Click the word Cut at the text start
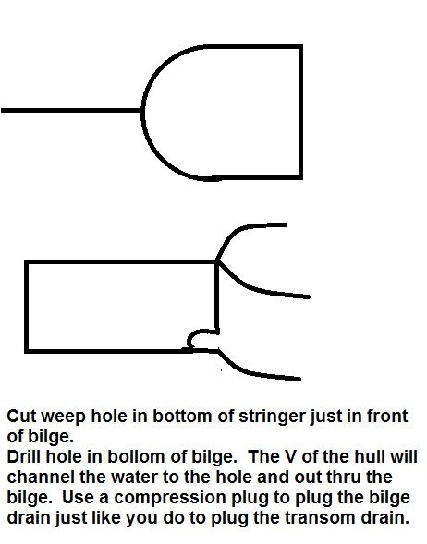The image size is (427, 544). (x=21, y=417)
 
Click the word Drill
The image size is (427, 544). (x=24, y=457)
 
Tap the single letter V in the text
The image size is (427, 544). (x=291, y=457)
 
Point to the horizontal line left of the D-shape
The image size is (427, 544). (x=71, y=110)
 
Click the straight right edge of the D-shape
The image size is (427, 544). (x=300, y=112)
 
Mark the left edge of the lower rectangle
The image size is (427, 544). (x=27, y=307)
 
